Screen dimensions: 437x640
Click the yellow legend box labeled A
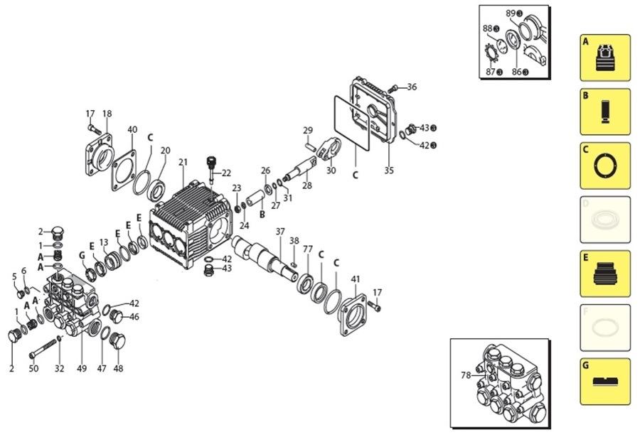coord(604,58)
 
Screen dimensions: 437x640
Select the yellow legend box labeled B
coord(604,112)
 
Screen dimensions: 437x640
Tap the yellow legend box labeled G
coord(604,382)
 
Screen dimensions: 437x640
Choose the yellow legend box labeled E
coord(604,274)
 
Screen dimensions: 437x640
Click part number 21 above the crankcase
coord(183,163)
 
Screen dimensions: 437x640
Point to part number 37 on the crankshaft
coord(280,232)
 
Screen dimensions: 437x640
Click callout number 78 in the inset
coord(466,375)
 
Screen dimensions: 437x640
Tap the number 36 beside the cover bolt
coord(412,87)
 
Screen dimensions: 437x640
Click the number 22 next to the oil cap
coord(226,173)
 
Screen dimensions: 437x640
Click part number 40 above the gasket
coord(132,129)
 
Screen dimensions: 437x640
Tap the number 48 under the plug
coord(118,368)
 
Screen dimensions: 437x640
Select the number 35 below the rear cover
coord(388,171)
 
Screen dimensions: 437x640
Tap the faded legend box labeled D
coord(604,220)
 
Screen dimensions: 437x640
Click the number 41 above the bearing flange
coord(356,279)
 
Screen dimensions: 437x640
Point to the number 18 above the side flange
coord(107,114)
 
